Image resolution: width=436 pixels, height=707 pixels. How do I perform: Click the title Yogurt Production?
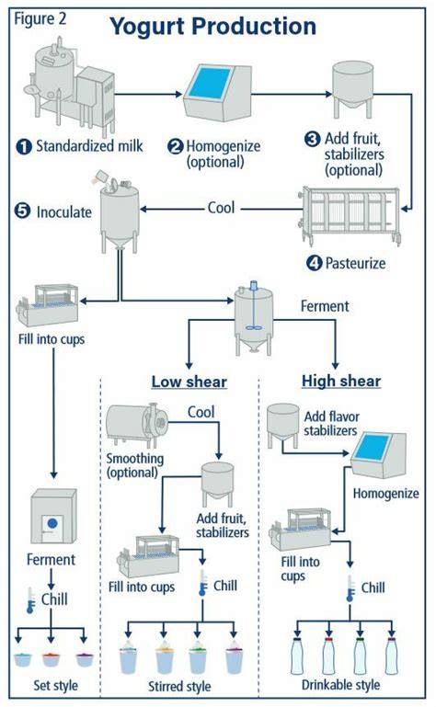tap(213, 26)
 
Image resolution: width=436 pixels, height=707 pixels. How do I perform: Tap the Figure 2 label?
tap(40, 19)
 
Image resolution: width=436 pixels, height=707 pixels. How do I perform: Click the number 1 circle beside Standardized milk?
tap(24, 146)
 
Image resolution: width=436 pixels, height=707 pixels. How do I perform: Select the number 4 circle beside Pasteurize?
tap(314, 263)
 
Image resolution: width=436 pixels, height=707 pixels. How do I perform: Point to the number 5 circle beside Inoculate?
tap(22, 211)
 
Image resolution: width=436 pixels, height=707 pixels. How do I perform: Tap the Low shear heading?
tap(189, 382)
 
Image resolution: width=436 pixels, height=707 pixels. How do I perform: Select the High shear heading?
tap(341, 381)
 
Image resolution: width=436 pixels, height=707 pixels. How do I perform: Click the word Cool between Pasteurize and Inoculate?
tap(221, 208)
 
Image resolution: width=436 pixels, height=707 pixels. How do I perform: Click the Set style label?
tap(55, 686)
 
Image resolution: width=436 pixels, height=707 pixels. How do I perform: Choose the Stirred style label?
tap(179, 686)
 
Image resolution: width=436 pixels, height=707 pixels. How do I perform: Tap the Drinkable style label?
tap(340, 685)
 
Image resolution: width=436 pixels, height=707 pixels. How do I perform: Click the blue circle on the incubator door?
tap(52, 523)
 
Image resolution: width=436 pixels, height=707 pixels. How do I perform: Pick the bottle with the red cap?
tap(328, 656)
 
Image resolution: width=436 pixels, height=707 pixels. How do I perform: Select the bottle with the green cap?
tap(360, 656)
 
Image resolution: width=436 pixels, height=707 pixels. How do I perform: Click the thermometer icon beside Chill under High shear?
tap(350, 589)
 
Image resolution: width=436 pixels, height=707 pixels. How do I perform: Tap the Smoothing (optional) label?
tap(134, 465)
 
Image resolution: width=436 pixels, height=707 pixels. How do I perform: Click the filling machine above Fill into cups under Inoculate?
tap(48, 305)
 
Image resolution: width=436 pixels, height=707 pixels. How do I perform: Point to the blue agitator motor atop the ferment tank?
tap(254, 285)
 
